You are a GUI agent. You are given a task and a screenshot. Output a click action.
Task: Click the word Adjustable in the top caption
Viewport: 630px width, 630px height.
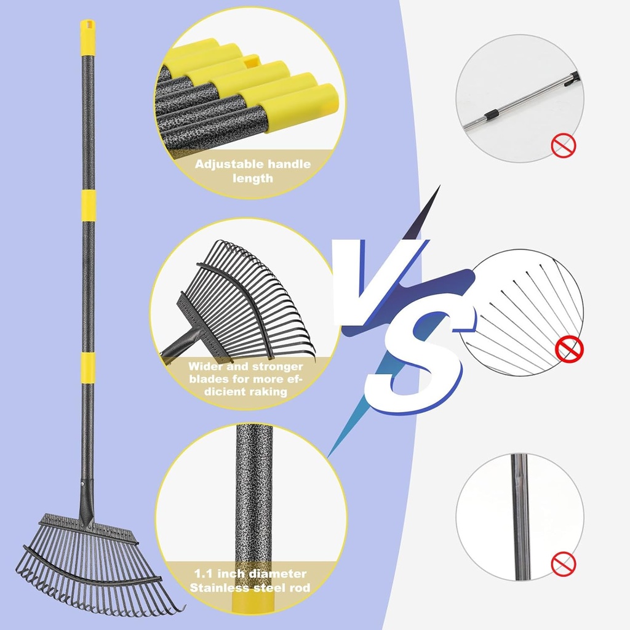[229, 164]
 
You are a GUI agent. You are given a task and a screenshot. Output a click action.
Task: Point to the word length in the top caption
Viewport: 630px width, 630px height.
[253, 178]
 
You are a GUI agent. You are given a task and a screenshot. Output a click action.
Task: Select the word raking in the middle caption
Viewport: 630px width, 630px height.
[268, 392]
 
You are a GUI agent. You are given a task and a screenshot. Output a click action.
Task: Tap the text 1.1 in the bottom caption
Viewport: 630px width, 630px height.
[203, 573]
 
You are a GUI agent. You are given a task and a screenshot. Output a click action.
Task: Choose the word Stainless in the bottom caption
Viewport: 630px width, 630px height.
[219, 588]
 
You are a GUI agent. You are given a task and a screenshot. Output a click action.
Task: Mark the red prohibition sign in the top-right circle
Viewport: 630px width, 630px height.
[564, 145]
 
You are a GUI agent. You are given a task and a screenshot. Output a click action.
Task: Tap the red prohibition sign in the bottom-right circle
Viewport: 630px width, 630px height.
[564, 564]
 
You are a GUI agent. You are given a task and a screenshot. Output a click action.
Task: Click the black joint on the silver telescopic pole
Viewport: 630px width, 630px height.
[490, 115]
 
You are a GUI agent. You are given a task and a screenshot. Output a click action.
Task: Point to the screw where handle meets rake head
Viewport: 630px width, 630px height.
[83, 484]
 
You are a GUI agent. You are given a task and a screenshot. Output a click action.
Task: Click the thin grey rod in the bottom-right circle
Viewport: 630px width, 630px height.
[519, 517]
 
